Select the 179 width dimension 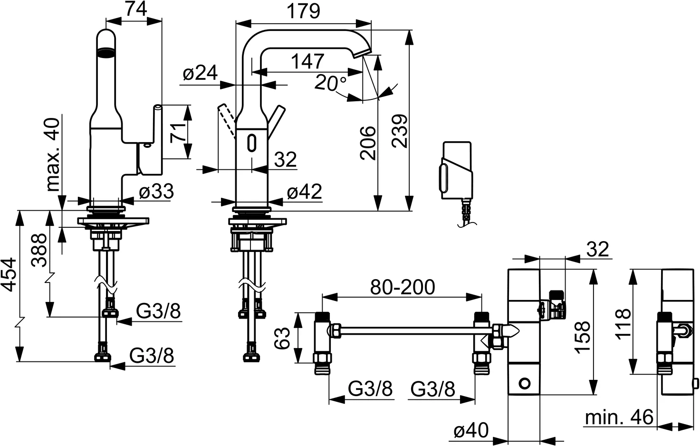(x=304, y=11)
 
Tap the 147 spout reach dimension (x=307, y=61)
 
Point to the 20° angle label (x=330, y=83)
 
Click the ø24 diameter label (x=200, y=74)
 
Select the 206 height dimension (x=367, y=143)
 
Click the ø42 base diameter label (x=304, y=192)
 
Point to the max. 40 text (x=53, y=155)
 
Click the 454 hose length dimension (x=9, y=274)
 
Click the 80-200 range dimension (x=403, y=287)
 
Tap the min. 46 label (x=619, y=417)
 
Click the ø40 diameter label (x=471, y=431)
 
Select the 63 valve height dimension (x=282, y=338)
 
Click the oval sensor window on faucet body (x=252, y=143)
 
